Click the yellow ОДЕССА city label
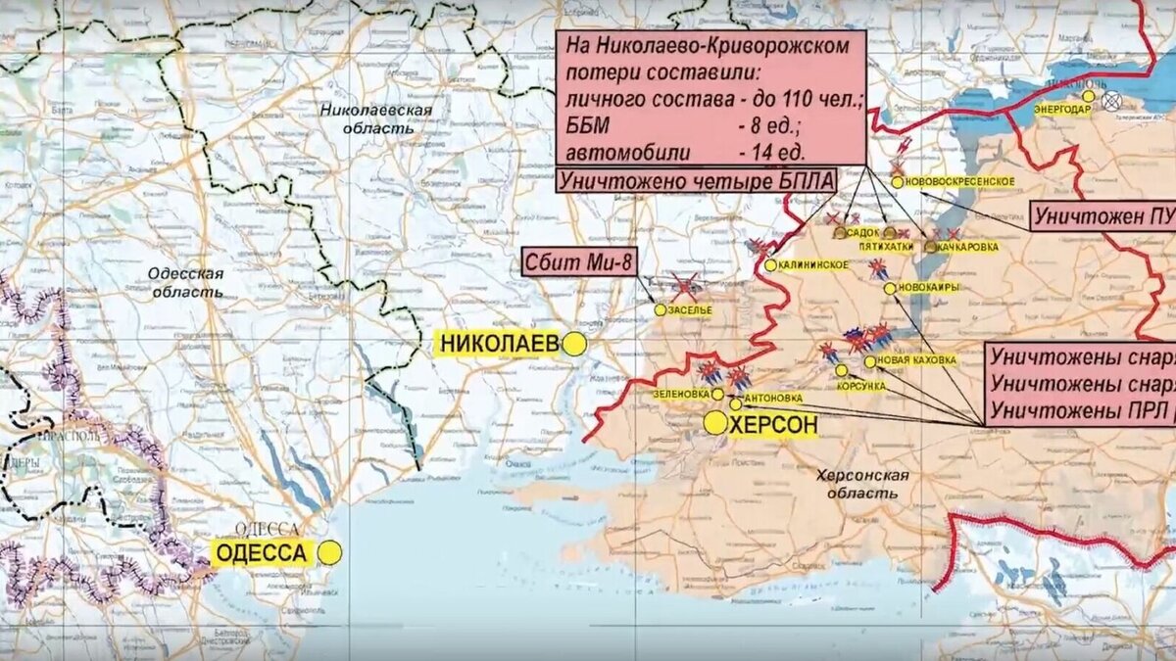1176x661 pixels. point(262,553)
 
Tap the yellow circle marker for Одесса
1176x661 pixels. point(329,553)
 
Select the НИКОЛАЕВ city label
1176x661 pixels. point(499,344)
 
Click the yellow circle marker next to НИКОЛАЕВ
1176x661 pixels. point(574,344)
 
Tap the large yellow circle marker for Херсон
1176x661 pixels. point(715,423)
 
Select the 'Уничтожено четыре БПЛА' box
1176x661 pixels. point(697,180)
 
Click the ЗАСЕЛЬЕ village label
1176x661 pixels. point(691,310)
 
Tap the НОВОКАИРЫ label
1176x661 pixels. point(927,288)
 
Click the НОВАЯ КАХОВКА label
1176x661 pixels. point(917,360)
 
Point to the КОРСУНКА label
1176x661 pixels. point(861,386)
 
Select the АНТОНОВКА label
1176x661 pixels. point(773,399)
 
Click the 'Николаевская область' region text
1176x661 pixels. point(376,118)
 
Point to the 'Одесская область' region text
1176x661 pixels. point(187,282)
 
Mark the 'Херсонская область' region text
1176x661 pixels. point(863,484)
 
